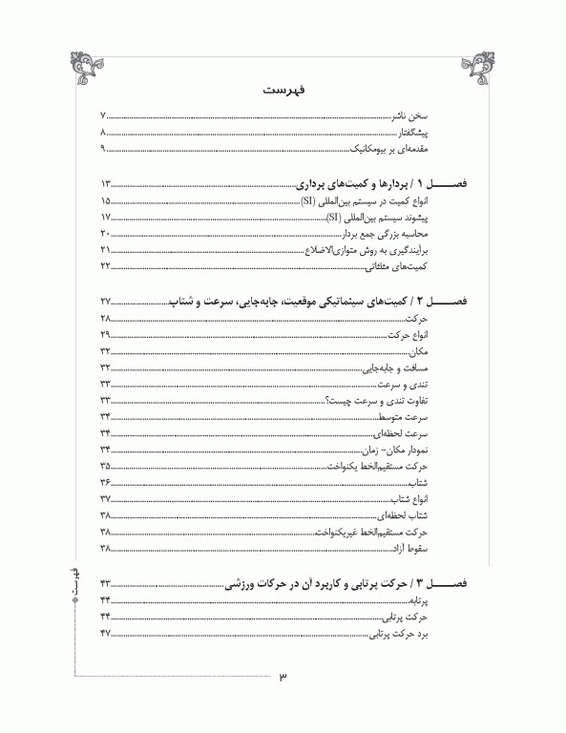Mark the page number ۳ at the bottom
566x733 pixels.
click(x=283, y=679)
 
